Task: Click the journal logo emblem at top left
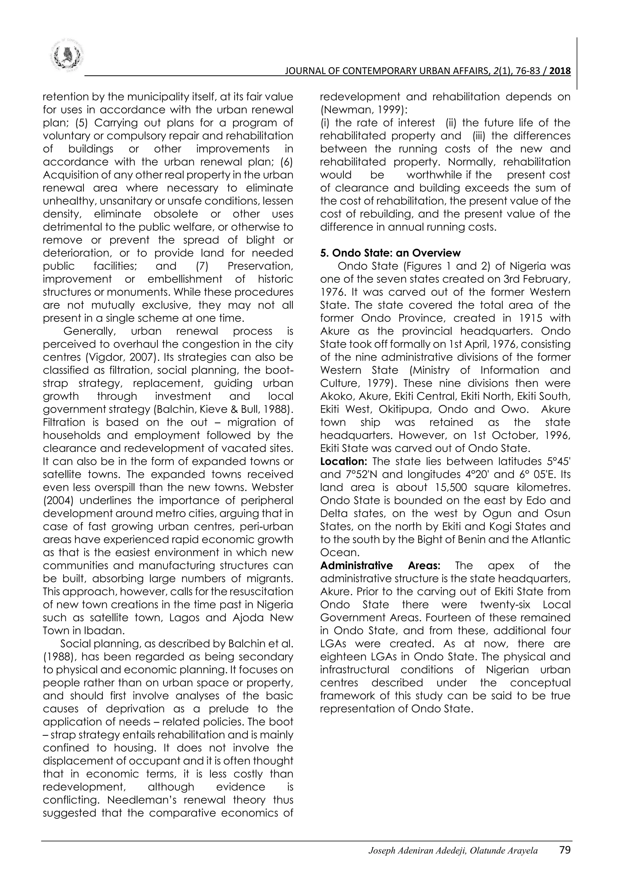click(67, 56)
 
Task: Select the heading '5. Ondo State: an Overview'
click(390, 253)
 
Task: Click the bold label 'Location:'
click(344, 462)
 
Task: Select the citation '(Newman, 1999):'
click(358, 110)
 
